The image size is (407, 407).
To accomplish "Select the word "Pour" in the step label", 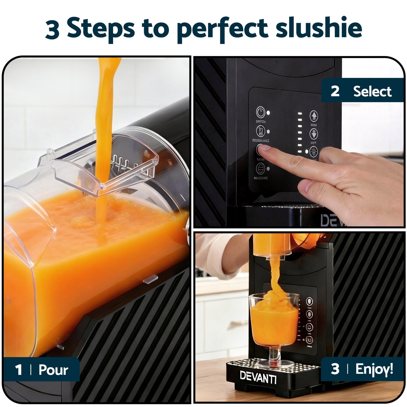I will coord(53,370).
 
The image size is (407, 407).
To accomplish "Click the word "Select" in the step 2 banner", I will coord(372,91).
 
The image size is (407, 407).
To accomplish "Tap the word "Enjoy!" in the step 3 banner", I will coord(374,369).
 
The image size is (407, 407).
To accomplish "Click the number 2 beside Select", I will coord(335,91).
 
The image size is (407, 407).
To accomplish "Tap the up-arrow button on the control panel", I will coord(314,116).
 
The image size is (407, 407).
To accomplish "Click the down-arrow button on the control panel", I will coord(314,133).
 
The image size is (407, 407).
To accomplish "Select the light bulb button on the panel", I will coord(314,151).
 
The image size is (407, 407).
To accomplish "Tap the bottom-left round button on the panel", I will coord(260,168).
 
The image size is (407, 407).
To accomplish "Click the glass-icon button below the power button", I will coord(260,131).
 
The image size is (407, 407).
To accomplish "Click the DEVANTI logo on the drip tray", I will coord(258,377).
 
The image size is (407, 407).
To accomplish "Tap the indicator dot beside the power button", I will coord(268,113).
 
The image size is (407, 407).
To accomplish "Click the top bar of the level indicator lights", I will coord(300,113).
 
